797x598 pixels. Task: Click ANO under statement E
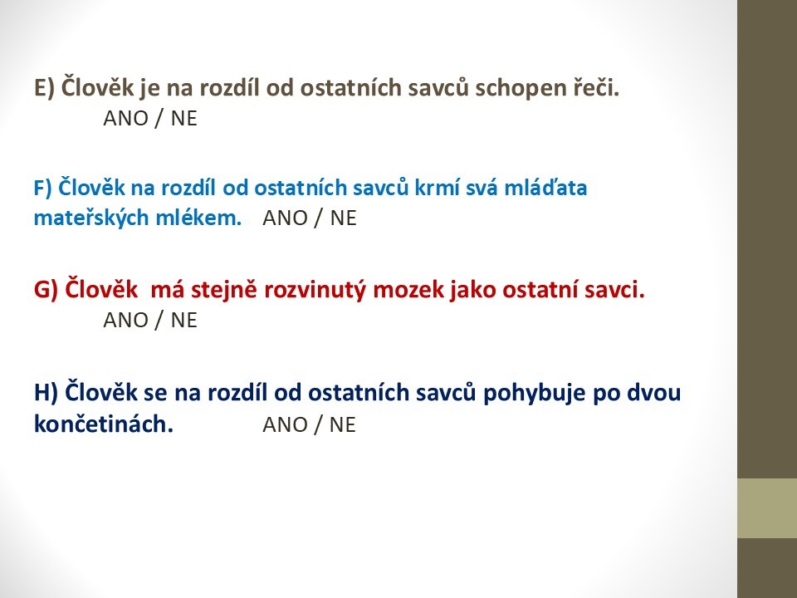click(x=125, y=119)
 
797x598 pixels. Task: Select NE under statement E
click(x=183, y=119)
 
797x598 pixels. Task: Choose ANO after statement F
click(x=285, y=218)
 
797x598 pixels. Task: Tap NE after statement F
click(x=343, y=218)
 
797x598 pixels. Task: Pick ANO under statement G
click(x=125, y=321)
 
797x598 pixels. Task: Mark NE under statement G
click(x=183, y=321)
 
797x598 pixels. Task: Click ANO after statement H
click(x=285, y=424)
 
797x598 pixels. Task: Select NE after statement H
click(x=343, y=424)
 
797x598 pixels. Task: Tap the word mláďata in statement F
click(x=545, y=187)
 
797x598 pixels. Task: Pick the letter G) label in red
click(x=46, y=291)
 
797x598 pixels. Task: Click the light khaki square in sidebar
click(x=767, y=508)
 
